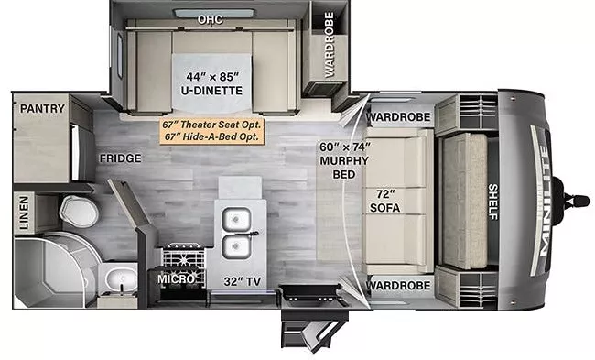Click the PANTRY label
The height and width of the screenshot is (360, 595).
click(x=42, y=109)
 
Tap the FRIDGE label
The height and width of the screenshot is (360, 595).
click(x=121, y=158)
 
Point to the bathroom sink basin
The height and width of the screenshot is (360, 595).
click(x=117, y=277)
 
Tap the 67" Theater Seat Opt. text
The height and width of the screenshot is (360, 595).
click(x=211, y=124)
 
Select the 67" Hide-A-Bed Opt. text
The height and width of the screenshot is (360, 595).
click(x=211, y=136)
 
